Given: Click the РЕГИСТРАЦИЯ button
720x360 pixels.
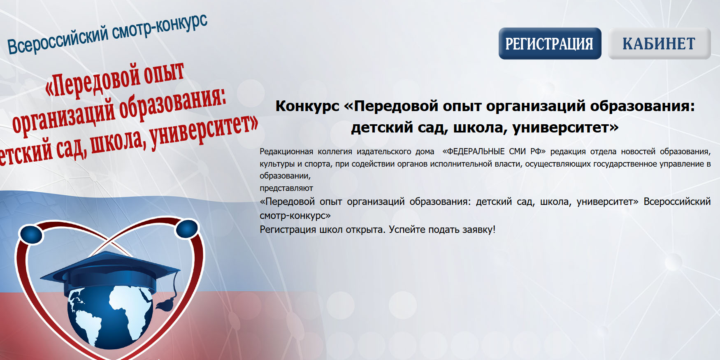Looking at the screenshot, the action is point(550,43).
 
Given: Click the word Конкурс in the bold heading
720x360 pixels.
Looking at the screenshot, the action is point(307,106).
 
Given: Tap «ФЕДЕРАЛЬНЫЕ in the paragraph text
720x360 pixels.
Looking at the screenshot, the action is point(474,151).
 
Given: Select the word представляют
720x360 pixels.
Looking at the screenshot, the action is point(286,188).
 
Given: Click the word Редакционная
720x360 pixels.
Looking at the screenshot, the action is point(286,151).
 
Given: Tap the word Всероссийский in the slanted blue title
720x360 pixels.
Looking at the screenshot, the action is point(58,40).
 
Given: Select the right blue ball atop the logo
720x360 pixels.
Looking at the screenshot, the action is point(187,228).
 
